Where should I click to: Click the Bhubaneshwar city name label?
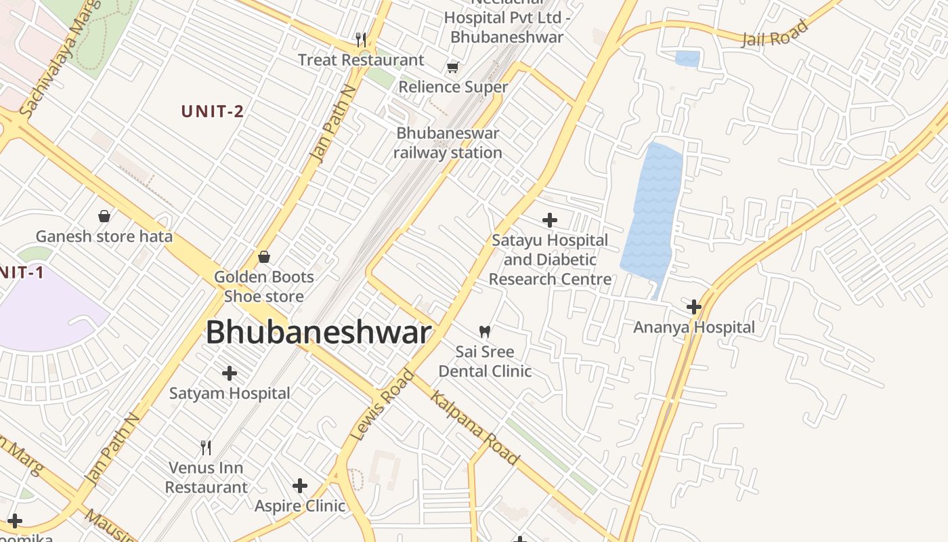tap(318, 333)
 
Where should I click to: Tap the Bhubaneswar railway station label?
tap(448, 143)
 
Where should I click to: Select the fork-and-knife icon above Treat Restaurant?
tap(361, 40)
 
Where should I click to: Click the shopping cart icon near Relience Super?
tap(452, 67)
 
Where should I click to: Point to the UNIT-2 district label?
tap(213, 112)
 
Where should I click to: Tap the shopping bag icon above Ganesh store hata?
tap(104, 216)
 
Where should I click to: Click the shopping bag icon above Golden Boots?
tap(264, 257)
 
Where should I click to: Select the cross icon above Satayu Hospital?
tap(550, 220)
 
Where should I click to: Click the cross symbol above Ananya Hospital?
tap(693, 307)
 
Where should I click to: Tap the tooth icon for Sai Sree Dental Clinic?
tap(484, 331)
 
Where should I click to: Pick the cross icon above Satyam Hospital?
tap(230, 373)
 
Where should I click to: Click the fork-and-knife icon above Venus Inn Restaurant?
tap(206, 447)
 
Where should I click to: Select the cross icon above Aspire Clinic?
tap(300, 486)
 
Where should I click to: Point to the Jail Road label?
tap(775, 33)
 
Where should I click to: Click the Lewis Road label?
tap(383, 405)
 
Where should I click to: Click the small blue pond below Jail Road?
tap(687, 59)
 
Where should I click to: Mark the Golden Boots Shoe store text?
tap(264, 287)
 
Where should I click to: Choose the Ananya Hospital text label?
tap(694, 327)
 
